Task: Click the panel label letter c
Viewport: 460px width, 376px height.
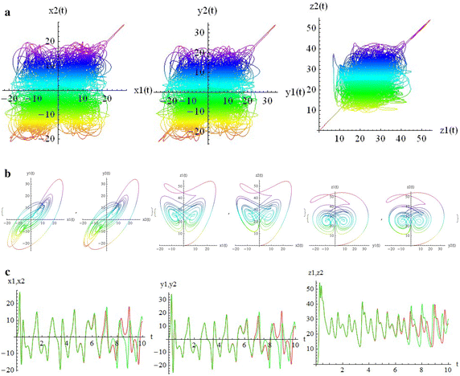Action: [x=6, y=273]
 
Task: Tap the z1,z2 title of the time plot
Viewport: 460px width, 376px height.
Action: [x=322, y=283]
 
